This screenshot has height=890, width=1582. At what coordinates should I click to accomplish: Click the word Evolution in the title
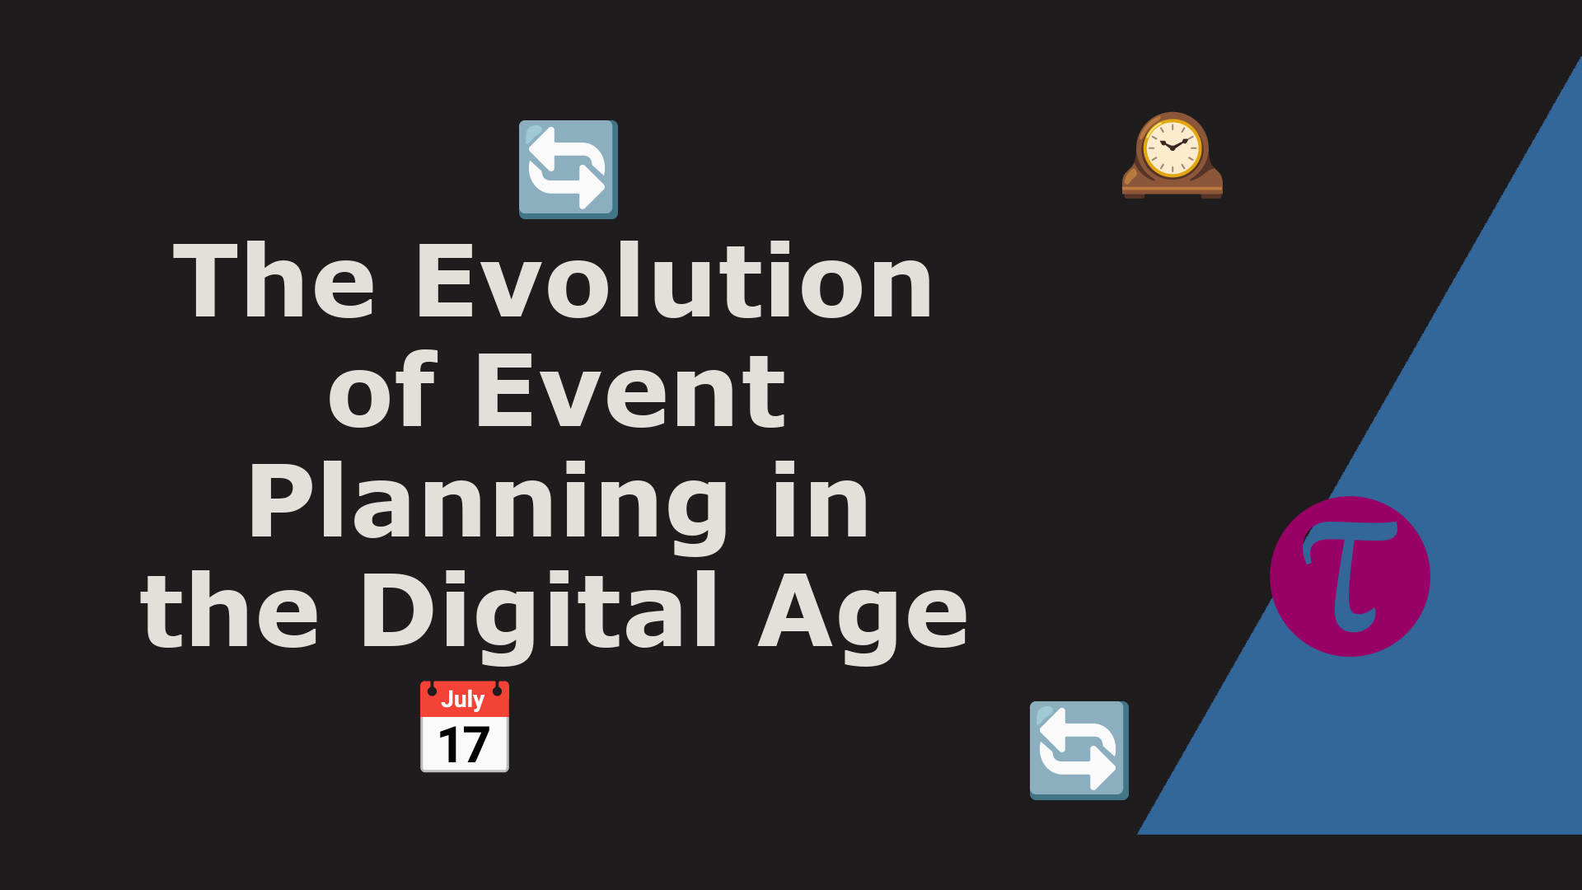tap(675, 280)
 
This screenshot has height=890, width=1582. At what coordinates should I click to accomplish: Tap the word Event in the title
tap(630, 391)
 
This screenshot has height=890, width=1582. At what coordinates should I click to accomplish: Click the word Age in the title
tap(863, 617)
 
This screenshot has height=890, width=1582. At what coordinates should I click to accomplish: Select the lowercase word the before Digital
tap(229, 610)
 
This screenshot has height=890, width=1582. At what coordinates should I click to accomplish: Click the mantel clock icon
tap(1172, 155)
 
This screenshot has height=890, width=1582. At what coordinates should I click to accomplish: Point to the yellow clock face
tap(1172, 148)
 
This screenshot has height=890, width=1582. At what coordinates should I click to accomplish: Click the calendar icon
tap(465, 726)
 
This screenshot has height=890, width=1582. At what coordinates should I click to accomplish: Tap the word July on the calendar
tap(462, 700)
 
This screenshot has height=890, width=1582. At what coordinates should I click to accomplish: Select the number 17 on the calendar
tap(464, 745)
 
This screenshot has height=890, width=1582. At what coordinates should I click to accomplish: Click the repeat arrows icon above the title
tap(569, 170)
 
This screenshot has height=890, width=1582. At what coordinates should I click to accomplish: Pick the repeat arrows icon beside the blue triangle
tap(1079, 751)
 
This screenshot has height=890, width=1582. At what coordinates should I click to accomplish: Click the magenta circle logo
tap(1350, 576)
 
